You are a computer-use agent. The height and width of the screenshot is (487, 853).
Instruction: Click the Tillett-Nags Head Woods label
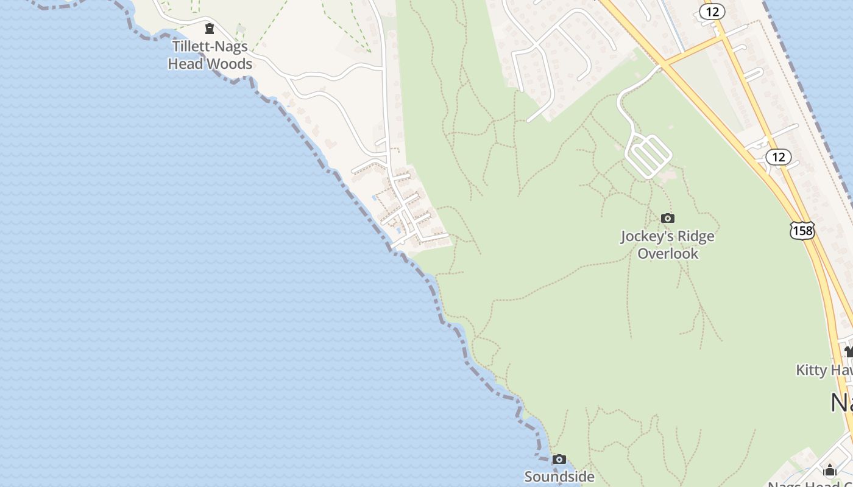click(x=210, y=55)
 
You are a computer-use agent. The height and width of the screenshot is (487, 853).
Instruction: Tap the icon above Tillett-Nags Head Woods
click(x=210, y=28)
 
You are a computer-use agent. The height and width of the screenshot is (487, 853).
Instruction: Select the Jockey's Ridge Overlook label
click(x=667, y=245)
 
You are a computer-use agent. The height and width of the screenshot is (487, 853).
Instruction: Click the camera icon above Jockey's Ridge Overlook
click(x=668, y=218)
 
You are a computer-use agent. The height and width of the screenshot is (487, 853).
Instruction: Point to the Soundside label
click(x=559, y=477)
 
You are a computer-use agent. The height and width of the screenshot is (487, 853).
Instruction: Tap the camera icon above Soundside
click(x=559, y=459)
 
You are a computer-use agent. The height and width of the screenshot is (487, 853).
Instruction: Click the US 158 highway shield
click(x=802, y=230)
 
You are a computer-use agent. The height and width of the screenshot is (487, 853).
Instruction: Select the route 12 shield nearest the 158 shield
click(x=778, y=157)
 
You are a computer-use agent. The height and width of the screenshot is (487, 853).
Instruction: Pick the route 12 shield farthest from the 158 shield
click(x=712, y=11)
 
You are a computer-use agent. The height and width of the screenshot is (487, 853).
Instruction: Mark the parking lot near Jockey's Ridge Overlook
click(x=649, y=156)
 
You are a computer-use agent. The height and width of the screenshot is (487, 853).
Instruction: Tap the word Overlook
click(x=668, y=253)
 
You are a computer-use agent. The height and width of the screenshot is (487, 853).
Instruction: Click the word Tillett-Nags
click(x=210, y=46)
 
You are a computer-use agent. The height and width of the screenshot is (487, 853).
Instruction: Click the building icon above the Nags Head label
click(x=829, y=470)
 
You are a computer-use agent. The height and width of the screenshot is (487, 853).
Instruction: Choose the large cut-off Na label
click(x=841, y=403)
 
